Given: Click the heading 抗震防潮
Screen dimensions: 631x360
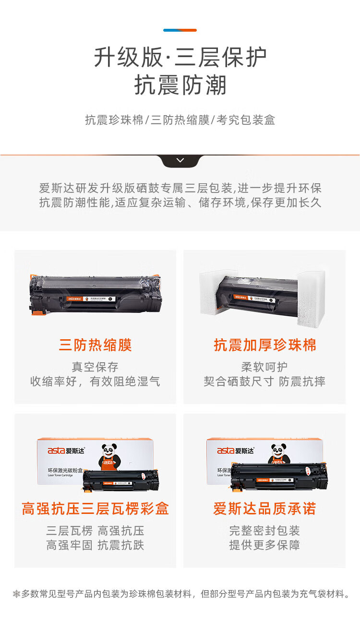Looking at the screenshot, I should [x=180, y=85].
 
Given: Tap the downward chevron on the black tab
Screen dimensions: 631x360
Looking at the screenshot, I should [x=180, y=160].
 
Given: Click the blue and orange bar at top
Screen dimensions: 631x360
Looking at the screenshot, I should [x=180, y=30].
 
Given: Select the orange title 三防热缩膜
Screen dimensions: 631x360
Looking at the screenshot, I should [x=95, y=345].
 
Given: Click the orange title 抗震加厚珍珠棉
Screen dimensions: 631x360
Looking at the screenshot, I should [x=265, y=345].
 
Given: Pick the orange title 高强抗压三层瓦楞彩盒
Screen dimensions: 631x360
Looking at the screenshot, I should [x=95, y=509].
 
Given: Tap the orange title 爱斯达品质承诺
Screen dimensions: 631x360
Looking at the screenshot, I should [x=265, y=509].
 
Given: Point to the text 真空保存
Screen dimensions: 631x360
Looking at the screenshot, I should [x=95, y=367].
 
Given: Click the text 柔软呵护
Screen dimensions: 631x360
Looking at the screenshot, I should [x=264, y=367].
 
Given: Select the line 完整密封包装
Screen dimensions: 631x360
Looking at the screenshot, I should [x=264, y=531].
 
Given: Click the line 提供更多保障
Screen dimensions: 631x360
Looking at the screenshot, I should [x=264, y=545].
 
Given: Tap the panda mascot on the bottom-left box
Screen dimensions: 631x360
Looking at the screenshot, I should [x=109, y=456].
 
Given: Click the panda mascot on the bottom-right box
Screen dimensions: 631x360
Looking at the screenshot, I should [x=278, y=453].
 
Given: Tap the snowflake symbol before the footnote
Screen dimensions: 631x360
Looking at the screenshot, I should [x=16, y=594].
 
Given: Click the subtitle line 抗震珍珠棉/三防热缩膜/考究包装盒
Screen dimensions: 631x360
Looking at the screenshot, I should [x=180, y=120].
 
